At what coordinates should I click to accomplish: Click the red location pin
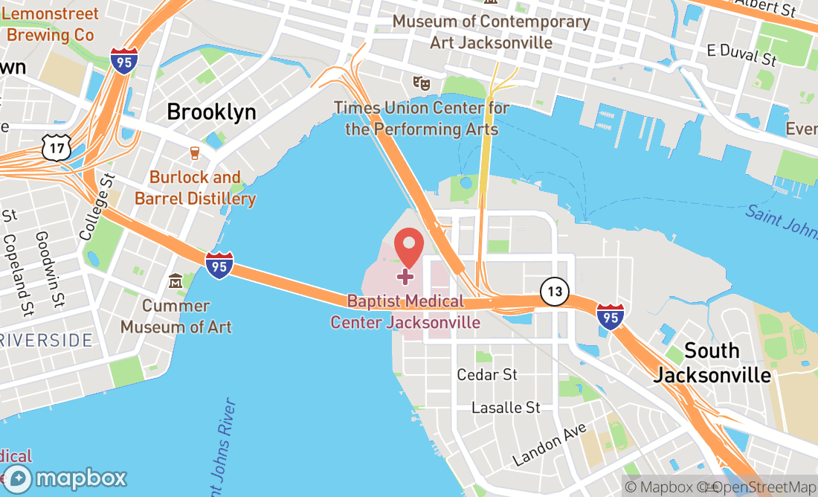[x=408, y=247]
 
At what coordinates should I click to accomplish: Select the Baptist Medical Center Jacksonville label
[x=405, y=312]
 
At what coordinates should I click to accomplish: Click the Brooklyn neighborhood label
[x=211, y=112]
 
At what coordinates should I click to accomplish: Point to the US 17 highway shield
[x=57, y=148]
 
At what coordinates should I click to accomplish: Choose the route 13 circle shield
[x=555, y=291]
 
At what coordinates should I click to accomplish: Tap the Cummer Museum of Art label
[x=175, y=316]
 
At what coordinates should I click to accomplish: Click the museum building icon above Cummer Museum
[x=175, y=281]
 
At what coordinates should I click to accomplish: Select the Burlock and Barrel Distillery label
[x=195, y=188]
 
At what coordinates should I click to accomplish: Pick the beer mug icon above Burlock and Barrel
[x=195, y=153]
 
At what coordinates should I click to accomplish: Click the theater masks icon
[x=422, y=83]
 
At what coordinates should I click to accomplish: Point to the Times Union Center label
[x=422, y=118]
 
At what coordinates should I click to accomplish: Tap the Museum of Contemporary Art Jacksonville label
[x=492, y=31]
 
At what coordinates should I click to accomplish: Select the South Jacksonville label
[x=712, y=362]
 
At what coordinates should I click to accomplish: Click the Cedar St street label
[x=487, y=374]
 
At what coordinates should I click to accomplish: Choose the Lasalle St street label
[x=506, y=408]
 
